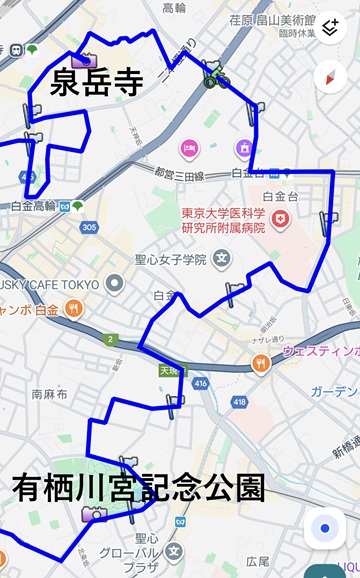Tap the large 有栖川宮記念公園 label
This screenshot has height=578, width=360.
(x=138, y=488)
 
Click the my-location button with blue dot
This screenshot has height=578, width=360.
(x=325, y=529)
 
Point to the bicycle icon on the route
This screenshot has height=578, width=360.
(x=216, y=75)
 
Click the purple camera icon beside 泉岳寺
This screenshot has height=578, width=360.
(x=80, y=60)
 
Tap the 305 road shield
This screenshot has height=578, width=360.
(x=90, y=228)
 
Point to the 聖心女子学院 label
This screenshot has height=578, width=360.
(x=170, y=260)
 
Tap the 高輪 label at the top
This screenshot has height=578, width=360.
(x=174, y=7)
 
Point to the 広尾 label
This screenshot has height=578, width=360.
(x=258, y=561)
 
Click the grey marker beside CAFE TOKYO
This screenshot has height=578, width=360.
(x=115, y=283)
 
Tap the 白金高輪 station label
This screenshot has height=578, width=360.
(x=32, y=206)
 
